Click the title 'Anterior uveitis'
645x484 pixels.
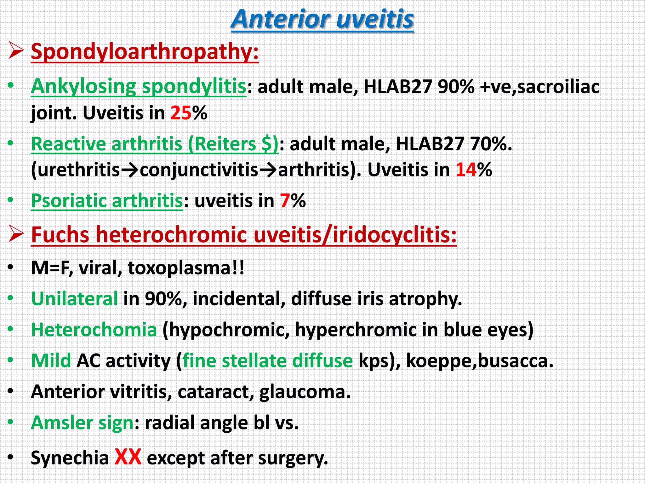coord(322,20)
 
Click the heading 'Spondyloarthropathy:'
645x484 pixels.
coord(145,51)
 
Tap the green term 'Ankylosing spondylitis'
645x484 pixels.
coord(138,86)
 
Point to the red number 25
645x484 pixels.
coord(181,113)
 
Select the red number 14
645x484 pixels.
coord(466,170)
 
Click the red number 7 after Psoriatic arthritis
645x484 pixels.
coord(285,200)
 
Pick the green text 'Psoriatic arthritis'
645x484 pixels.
coord(107,200)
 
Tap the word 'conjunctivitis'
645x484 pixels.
coord(199,170)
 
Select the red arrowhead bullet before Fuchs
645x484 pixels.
coord(16,234)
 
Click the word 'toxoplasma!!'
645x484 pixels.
coord(186,268)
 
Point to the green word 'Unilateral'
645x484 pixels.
coord(74,298)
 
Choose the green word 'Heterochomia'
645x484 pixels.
coord(94,330)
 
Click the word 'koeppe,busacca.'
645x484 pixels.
coord(480,360)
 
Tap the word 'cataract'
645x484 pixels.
coord(216,392)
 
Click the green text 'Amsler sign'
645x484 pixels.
coord(83,423)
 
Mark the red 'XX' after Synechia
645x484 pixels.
coord(128,457)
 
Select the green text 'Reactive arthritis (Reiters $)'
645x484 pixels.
coord(155,144)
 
